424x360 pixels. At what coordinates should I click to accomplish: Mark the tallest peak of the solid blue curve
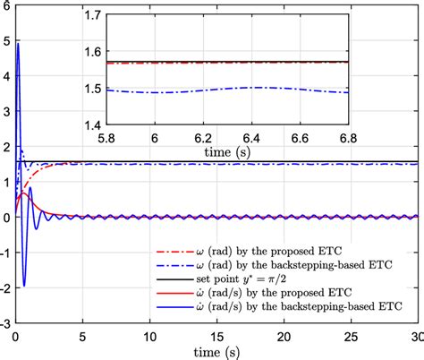[19, 43]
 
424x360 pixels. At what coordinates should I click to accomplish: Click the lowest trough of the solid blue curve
[24, 286]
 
